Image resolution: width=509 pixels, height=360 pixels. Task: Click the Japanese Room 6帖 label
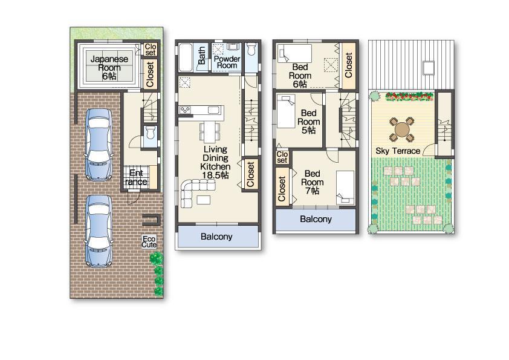(x=109, y=67)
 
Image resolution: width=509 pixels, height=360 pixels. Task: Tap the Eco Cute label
(x=149, y=241)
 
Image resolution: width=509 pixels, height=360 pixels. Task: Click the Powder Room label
(x=227, y=62)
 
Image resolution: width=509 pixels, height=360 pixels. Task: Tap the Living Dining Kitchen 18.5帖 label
(x=215, y=162)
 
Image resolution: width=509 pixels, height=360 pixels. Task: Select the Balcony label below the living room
(x=216, y=237)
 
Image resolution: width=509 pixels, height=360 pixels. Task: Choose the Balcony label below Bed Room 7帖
(x=315, y=220)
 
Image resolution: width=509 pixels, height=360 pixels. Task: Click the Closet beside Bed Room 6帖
(x=348, y=65)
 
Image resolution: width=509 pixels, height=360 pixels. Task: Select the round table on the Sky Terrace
(x=402, y=128)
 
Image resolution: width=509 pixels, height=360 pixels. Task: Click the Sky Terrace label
(x=398, y=151)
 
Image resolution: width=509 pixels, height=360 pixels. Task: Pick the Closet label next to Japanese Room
(x=150, y=73)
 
